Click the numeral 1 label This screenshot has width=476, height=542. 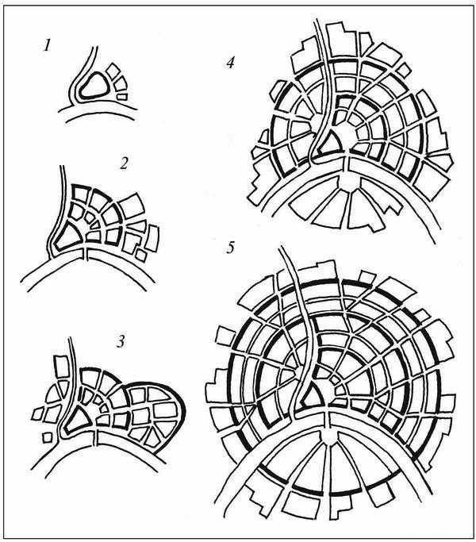pos(47,45)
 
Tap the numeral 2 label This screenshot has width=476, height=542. pos(124,163)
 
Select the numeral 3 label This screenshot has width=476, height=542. pos(120,341)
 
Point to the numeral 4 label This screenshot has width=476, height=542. pos(230,63)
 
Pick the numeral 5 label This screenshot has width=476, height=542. pos(231,248)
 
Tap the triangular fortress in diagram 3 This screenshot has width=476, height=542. pos(78,419)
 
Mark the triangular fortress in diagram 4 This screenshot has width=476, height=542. pos(331,143)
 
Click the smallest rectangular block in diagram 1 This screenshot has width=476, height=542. pos(122,97)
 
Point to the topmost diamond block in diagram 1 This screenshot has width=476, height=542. pos(113,71)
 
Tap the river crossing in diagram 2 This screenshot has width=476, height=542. pos(86,254)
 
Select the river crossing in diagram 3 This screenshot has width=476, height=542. pos(96,438)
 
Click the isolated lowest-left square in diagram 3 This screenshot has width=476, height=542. pos(47,437)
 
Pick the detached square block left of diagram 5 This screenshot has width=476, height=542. pos(225,337)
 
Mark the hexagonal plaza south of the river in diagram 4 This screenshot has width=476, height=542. pos(349,181)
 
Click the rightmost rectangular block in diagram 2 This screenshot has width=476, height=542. pos(152,238)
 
